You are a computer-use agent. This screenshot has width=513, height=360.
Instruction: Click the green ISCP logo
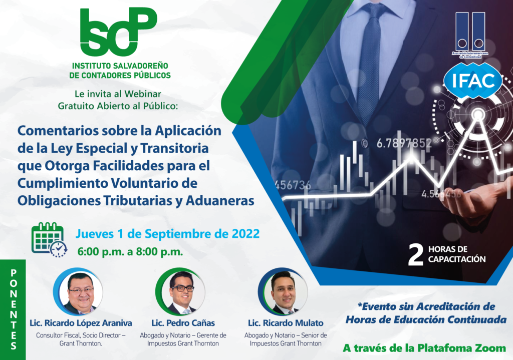click(x=118, y=32)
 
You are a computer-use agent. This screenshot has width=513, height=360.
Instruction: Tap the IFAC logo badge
click(x=473, y=81)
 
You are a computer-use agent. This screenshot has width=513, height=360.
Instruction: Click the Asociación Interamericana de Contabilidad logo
click(x=470, y=35)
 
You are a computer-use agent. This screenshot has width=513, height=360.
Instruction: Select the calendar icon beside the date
click(x=50, y=240)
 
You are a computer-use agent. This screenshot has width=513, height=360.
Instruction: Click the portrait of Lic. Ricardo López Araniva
click(x=79, y=292)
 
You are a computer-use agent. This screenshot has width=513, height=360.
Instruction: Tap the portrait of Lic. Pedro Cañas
click(x=181, y=292)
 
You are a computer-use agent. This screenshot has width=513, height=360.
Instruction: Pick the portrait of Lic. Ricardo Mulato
click(x=284, y=292)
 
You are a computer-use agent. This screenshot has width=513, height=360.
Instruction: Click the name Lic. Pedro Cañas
click(x=183, y=323)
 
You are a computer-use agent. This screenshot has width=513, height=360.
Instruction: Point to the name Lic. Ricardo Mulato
click(x=286, y=323)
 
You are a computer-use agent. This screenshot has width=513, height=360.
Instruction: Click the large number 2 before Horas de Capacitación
click(x=415, y=255)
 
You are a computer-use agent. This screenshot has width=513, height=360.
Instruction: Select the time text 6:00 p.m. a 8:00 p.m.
click(x=130, y=252)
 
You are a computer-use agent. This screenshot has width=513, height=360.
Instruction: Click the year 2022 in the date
click(x=245, y=234)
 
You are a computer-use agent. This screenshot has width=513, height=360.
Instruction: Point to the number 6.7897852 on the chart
click(x=404, y=143)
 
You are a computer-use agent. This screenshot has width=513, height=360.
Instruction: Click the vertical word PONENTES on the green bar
click(x=14, y=309)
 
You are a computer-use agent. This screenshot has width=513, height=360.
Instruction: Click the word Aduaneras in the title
click(x=220, y=200)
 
